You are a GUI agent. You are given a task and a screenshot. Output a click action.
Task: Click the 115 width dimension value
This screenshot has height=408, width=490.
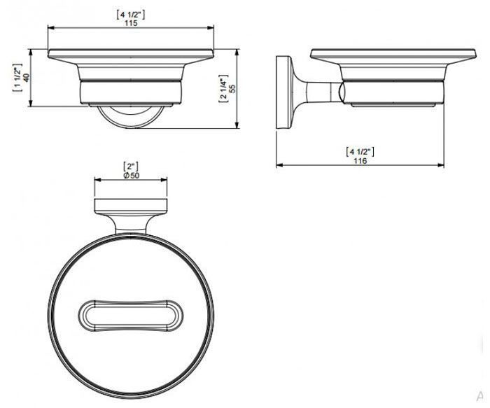(131, 23)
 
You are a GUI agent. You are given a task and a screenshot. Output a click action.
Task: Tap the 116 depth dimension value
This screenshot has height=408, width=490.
(360, 161)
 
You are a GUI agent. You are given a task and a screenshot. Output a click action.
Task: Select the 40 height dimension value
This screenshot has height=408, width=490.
(27, 77)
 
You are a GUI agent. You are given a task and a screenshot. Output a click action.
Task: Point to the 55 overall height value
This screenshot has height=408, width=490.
(232, 88)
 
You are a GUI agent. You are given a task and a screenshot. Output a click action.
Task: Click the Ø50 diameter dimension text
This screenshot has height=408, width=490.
(132, 176)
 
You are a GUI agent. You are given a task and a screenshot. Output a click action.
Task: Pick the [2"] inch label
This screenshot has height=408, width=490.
(131, 167)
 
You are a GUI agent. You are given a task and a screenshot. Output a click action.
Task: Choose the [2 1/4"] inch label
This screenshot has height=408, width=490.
(224, 89)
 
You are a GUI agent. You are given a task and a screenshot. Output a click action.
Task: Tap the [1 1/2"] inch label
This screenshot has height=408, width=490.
(17, 78)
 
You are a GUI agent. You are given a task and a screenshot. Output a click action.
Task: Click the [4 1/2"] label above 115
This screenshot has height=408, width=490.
(131, 15)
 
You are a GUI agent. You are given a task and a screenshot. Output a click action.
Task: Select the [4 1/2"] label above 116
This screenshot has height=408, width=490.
(360, 152)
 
